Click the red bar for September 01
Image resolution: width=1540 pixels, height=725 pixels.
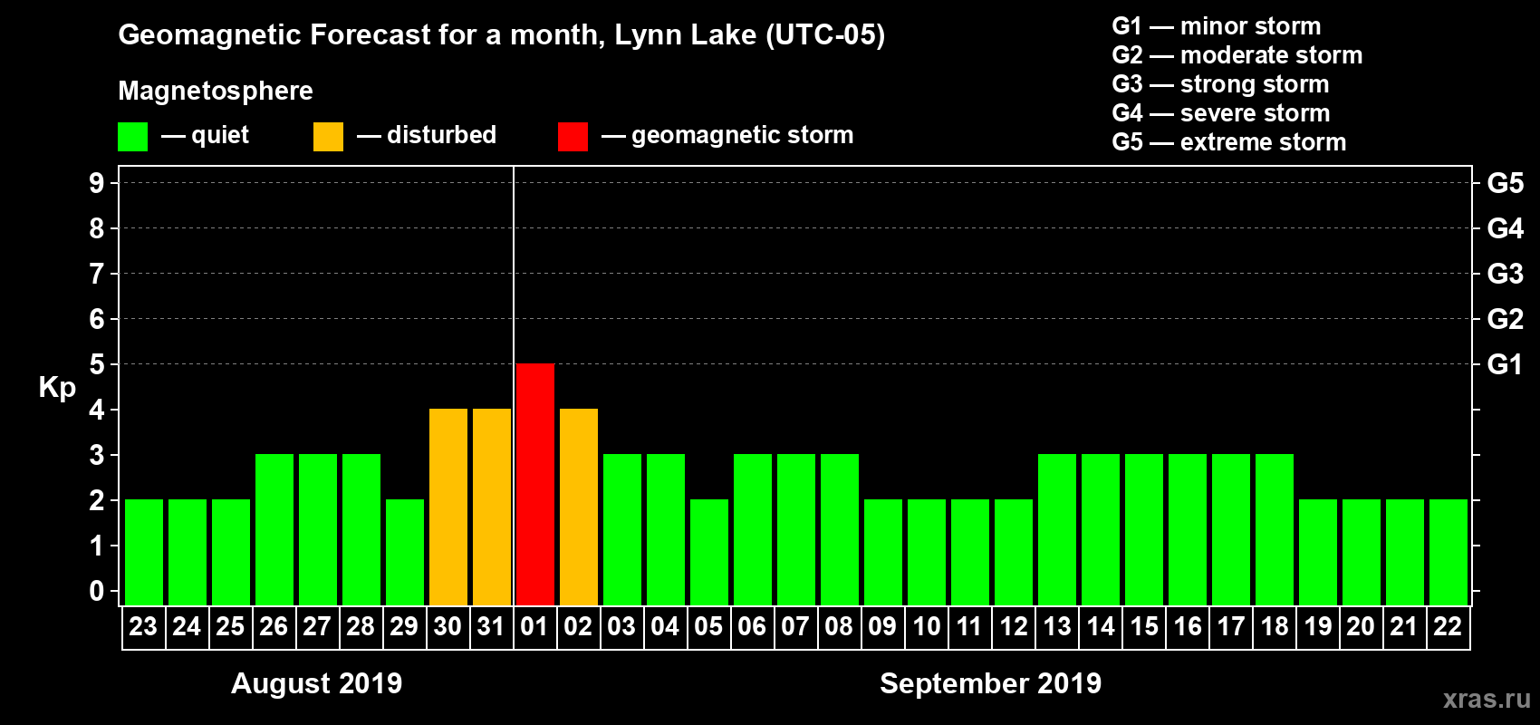click(x=534, y=484)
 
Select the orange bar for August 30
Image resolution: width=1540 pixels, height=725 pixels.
click(x=448, y=507)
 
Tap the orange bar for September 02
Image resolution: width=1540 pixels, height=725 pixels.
click(x=578, y=507)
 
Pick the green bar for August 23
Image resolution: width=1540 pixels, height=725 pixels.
click(x=143, y=552)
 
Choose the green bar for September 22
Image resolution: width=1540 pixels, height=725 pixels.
click(x=1448, y=552)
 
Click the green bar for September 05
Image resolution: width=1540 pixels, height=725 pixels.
click(x=708, y=552)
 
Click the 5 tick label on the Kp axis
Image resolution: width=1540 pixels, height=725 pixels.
click(x=97, y=364)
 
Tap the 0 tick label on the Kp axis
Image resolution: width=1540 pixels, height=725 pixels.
click(x=97, y=591)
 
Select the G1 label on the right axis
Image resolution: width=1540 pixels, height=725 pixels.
click(x=1505, y=364)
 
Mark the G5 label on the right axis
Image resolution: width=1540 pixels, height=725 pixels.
click(x=1505, y=183)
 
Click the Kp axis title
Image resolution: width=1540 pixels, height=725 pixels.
click(x=57, y=387)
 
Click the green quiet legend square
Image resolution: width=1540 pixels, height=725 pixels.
click(x=132, y=137)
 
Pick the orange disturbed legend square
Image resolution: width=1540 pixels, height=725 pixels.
click(x=328, y=137)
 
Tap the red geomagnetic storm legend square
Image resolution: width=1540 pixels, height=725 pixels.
click(x=573, y=137)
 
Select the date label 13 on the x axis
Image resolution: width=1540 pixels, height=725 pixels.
click(x=1056, y=626)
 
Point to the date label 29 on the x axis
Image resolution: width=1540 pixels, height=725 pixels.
click(x=404, y=626)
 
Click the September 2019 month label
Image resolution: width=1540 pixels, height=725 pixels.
click(x=990, y=683)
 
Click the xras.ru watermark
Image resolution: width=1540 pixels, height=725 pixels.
click(x=1486, y=699)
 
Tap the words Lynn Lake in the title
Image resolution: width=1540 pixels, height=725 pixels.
click(x=685, y=34)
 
